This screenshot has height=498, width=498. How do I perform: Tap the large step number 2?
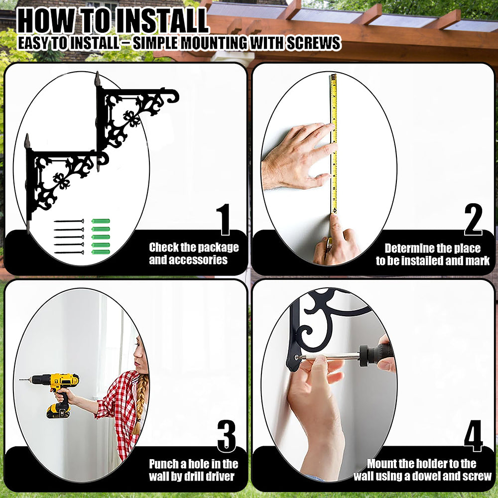point(473,220)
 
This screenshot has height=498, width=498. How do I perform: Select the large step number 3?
point(227,436)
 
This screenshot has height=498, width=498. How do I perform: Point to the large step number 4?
point(473,436)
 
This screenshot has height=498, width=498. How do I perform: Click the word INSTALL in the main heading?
point(162,21)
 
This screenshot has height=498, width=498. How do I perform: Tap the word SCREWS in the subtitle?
point(313,43)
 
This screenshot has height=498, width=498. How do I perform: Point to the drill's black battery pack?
point(58,411)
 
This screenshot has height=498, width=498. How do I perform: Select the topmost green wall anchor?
point(101,221)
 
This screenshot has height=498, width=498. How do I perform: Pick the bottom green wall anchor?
point(101,252)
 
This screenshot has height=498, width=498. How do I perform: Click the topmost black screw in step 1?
point(69,221)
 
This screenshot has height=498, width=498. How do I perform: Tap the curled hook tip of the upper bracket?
point(174,97)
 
